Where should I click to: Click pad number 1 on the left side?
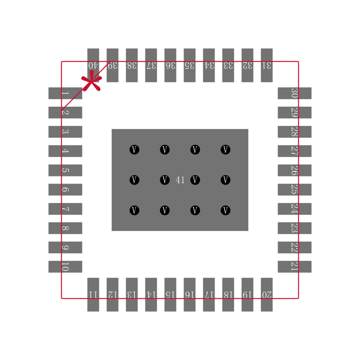(x=65, y=93)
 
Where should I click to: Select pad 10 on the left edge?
(x=65, y=266)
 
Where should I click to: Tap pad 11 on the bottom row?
(x=93, y=294)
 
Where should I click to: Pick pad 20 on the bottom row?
(x=266, y=294)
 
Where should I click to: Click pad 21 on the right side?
(x=294, y=266)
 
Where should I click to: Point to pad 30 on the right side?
(x=294, y=93)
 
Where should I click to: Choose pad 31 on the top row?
(x=266, y=65)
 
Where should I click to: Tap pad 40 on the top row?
(x=93, y=65)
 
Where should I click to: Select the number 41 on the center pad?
(x=180, y=180)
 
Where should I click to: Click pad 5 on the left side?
(x=65, y=170)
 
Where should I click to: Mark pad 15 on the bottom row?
(x=170, y=294)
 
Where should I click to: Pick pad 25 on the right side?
(x=294, y=189)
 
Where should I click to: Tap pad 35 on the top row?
(x=189, y=65)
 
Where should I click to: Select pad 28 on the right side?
(x=294, y=132)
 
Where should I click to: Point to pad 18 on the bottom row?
(x=228, y=294)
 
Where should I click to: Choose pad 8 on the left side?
(x=65, y=228)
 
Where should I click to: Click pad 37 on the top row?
(x=151, y=65)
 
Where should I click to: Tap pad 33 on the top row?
(x=228, y=65)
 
